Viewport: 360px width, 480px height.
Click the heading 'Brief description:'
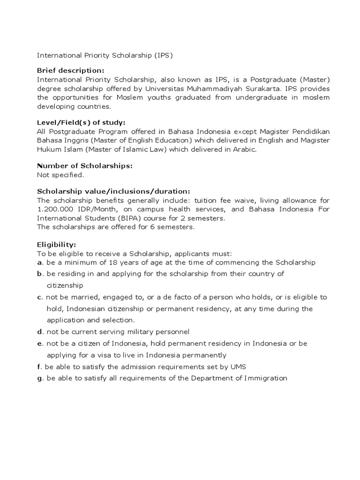tap(70, 70)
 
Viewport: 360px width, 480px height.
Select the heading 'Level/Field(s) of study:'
tap(81, 123)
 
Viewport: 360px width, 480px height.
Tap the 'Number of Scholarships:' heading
tap(84, 166)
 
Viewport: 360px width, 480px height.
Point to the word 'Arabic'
tap(244, 150)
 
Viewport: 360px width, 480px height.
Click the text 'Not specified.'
tap(60, 175)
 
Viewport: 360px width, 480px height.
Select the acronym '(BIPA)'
tap(115, 218)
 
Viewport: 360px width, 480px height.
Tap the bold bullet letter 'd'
tap(39, 332)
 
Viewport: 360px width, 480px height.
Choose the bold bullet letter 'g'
tap(39, 378)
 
